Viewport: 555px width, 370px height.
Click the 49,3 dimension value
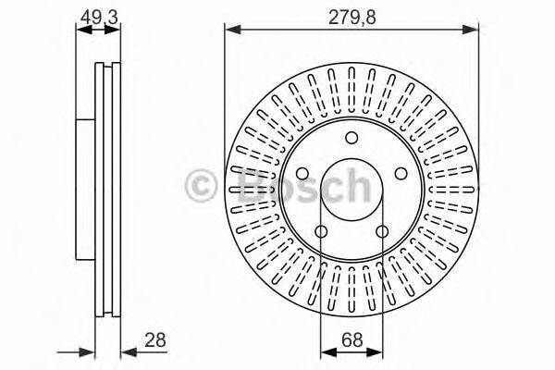coord(99,17)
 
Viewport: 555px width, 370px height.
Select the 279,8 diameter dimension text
coord(351,17)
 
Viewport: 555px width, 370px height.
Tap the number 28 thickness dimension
coord(155,340)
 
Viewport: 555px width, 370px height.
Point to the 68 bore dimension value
coord(352,340)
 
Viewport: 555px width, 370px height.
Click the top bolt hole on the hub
coord(351,138)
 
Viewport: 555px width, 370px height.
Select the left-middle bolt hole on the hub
coord(302,174)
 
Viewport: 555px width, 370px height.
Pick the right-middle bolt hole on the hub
coord(401,174)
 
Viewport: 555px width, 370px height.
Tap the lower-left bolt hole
coord(321,232)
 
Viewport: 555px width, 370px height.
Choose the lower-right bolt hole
coord(382,232)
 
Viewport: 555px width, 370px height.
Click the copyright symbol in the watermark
coord(201,187)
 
